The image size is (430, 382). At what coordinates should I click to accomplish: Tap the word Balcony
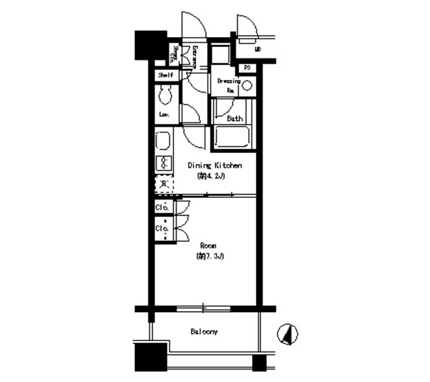tap(202, 332)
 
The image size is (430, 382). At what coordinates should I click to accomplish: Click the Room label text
tap(206, 246)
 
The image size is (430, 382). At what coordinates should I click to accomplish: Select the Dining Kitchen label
tap(215, 165)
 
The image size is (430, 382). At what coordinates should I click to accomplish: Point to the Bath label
tap(234, 119)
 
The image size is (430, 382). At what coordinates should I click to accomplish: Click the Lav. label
tap(163, 115)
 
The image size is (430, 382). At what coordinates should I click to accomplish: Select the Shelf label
tap(165, 76)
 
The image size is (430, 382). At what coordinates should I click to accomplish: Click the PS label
tap(247, 67)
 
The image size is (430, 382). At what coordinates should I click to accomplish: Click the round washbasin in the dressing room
tap(247, 85)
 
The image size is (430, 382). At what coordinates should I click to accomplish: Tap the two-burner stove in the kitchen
tap(163, 163)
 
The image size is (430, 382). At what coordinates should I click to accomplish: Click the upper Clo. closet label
tap(162, 207)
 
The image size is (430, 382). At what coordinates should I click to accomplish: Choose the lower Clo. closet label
tap(162, 228)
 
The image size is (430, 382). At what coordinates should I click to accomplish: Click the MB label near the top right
tap(257, 50)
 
